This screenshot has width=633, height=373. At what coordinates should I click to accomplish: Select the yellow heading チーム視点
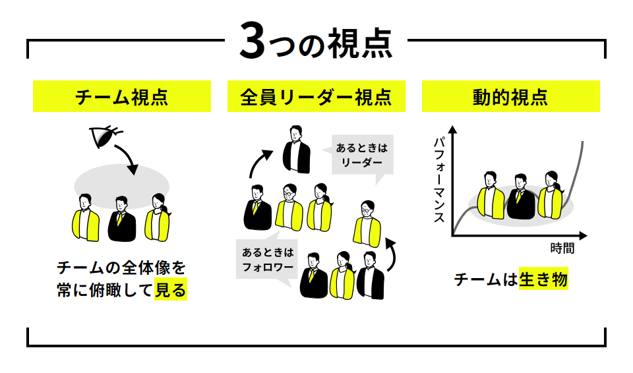click(x=122, y=96)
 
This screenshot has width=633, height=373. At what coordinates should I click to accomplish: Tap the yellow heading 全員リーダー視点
click(x=316, y=96)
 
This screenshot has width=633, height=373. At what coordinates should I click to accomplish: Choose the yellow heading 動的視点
click(x=510, y=96)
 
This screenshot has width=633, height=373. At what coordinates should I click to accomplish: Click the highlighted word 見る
click(x=171, y=289)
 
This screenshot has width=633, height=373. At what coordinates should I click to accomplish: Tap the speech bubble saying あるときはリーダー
click(x=362, y=156)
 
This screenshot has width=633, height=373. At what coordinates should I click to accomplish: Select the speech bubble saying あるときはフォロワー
click(x=268, y=260)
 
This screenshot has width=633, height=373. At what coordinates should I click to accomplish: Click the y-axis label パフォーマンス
click(x=439, y=180)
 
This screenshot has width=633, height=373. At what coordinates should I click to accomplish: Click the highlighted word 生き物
click(x=543, y=279)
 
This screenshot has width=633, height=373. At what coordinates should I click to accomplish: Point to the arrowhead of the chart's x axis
click(x=583, y=235)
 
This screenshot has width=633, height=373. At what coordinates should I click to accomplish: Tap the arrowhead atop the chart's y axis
click(x=453, y=130)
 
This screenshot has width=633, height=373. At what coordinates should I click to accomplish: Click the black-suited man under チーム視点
click(x=122, y=219)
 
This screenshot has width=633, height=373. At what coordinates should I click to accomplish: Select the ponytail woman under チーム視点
click(x=158, y=217)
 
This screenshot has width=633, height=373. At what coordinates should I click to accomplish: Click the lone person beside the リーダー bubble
click(x=297, y=150)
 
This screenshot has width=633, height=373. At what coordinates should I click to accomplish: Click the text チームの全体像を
click(x=121, y=268)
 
